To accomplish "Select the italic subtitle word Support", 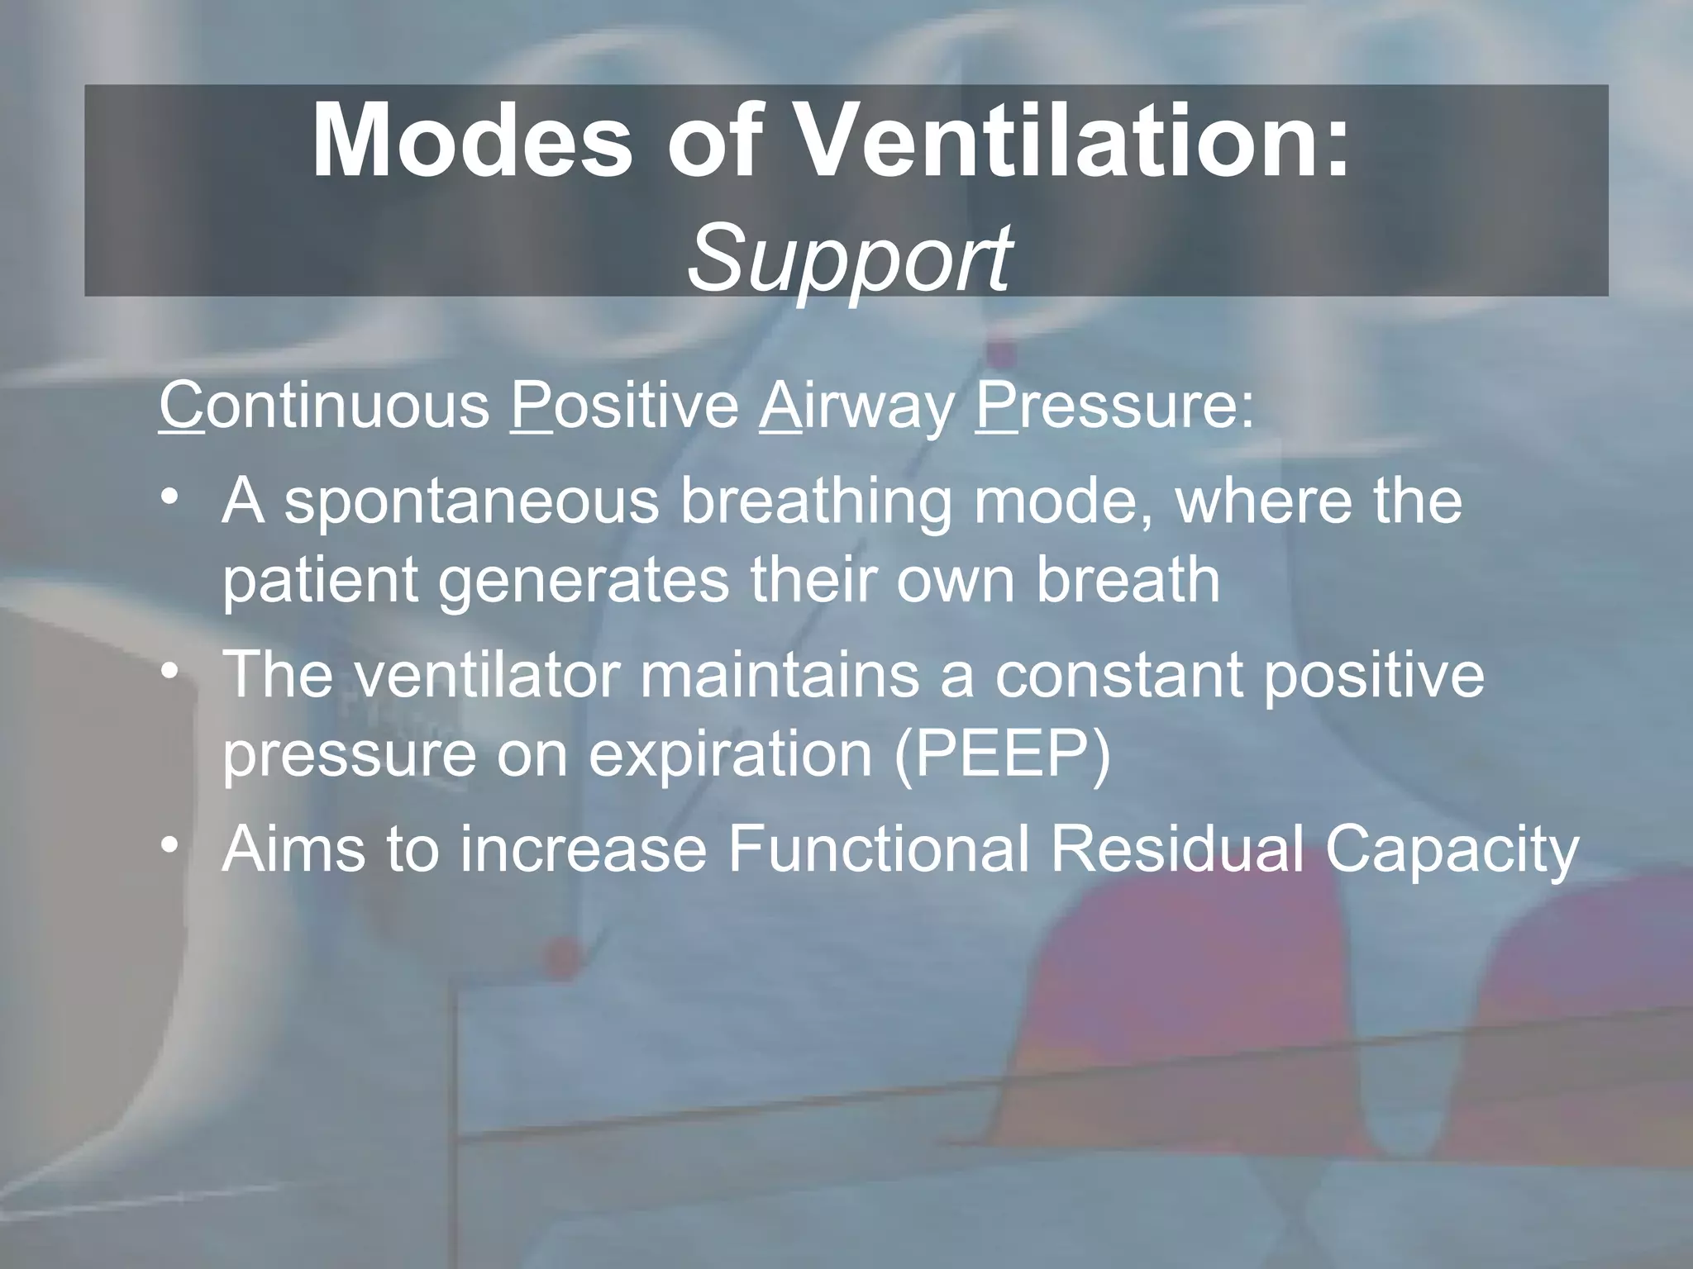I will (848, 258).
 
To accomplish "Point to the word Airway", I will (856, 406).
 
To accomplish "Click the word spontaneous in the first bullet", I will (471, 502).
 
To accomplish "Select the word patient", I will (319, 580).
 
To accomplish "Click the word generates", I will (584, 580).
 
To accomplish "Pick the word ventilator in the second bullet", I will (487, 674).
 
